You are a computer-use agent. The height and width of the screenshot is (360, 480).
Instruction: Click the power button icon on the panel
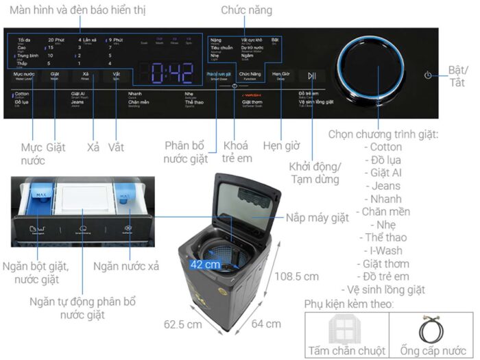pos(428,75)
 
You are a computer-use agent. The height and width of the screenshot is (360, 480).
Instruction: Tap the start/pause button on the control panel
pos(312,75)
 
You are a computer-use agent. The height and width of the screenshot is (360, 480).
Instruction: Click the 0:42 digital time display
pos(167,73)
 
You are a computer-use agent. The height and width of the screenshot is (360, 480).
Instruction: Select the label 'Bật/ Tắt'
pos(457,76)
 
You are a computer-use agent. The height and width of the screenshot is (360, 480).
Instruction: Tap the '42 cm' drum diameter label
pos(205,264)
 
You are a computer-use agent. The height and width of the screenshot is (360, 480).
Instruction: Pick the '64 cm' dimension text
pos(264,324)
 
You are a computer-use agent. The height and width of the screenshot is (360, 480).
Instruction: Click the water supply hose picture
pos(431,330)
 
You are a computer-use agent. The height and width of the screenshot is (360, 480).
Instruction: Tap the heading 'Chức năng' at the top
pos(246,10)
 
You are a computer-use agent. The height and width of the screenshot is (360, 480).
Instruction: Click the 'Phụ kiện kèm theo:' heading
pos(349,303)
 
